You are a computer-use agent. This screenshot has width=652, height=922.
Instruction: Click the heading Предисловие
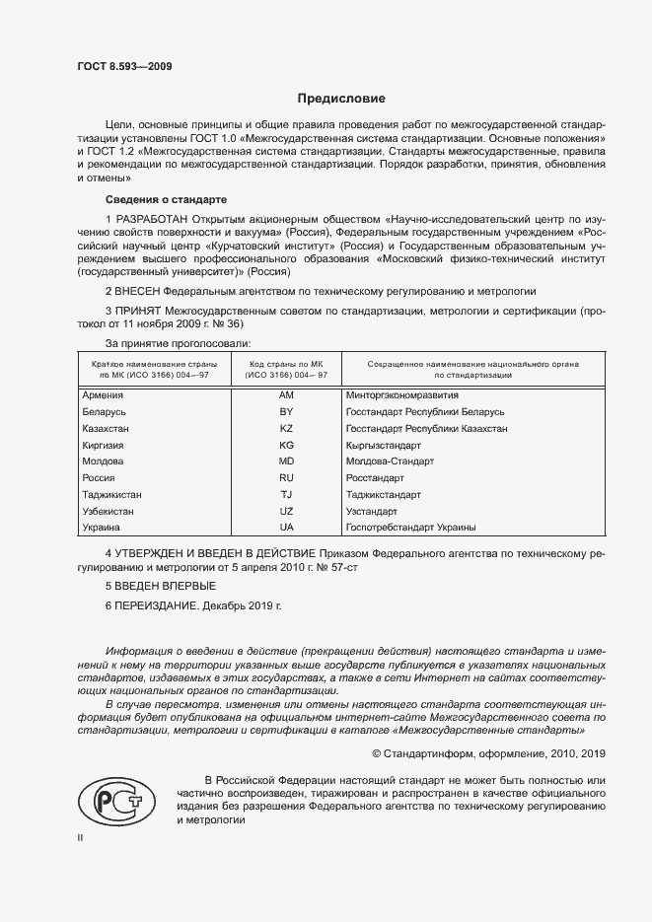click(x=342, y=99)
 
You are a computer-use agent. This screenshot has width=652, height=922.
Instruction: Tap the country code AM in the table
click(x=287, y=394)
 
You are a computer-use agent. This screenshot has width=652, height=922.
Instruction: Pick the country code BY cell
click(x=287, y=411)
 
